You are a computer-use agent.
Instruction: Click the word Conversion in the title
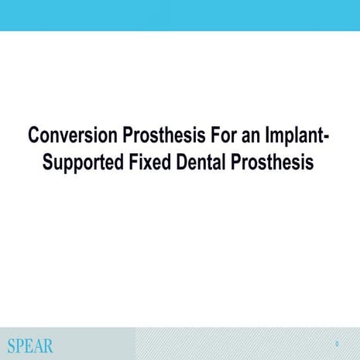click(x=64, y=136)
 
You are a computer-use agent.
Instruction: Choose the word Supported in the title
click(x=84, y=163)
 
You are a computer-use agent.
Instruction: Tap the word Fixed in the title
click(x=154, y=163)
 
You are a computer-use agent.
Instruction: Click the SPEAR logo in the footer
click(x=31, y=345)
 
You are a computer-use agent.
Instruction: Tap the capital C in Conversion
click(x=33, y=136)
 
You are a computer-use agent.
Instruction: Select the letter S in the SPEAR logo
click(x=12, y=345)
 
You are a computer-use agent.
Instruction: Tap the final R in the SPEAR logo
click(x=50, y=345)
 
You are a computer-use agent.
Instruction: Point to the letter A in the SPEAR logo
click(x=39, y=345)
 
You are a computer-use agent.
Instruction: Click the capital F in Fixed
click(x=139, y=163)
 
